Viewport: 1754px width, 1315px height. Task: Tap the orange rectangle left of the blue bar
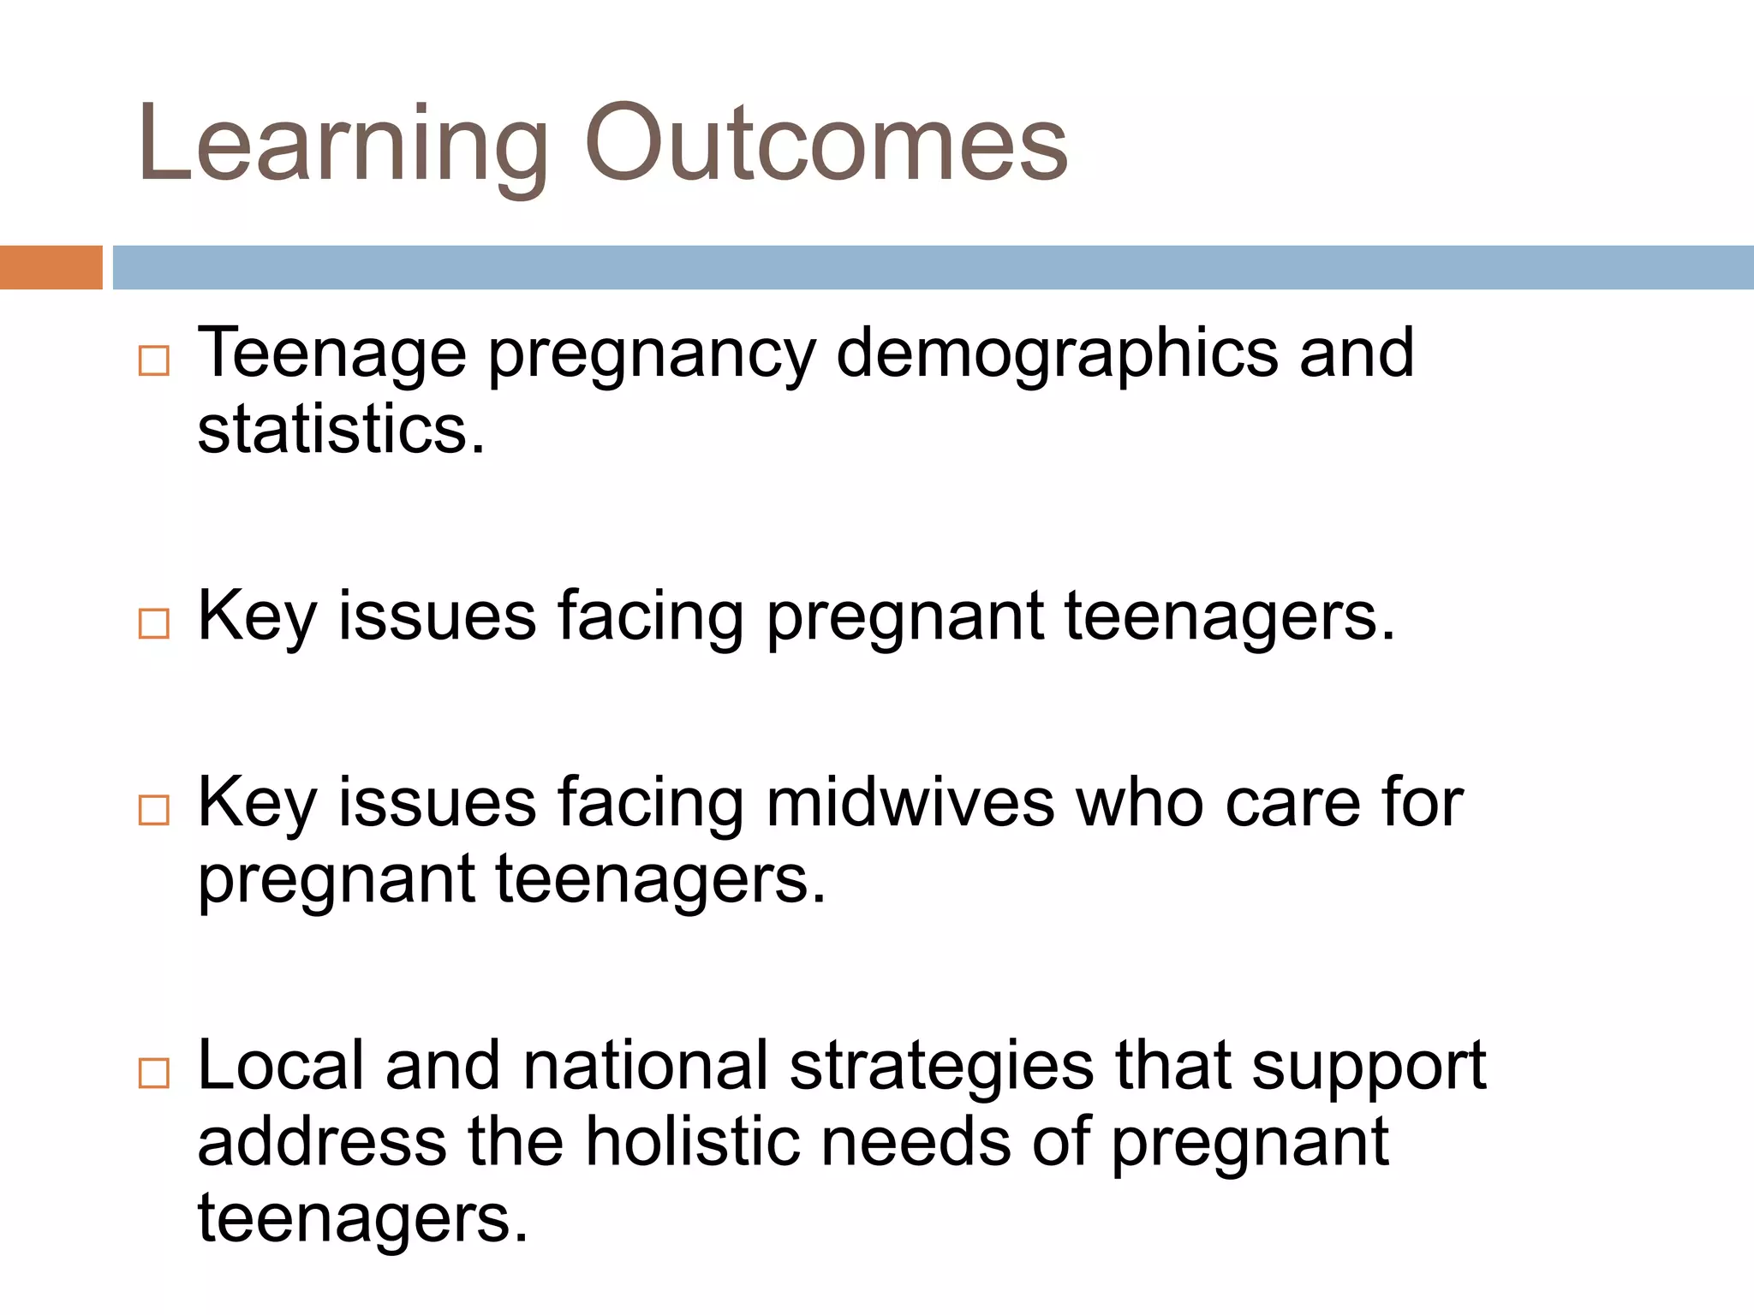(x=51, y=267)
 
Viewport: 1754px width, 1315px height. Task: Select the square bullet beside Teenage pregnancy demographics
(x=154, y=361)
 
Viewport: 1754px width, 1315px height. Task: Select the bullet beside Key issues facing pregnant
(x=154, y=623)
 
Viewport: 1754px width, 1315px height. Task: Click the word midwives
(x=910, y=803)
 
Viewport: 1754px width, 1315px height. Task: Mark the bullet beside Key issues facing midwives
(x=154, y=810)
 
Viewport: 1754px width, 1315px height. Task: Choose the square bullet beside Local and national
(x=154, y=1073)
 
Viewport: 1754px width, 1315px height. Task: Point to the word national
(x=646, y=1066)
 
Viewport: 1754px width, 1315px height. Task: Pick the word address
(x=322, y=1142)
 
